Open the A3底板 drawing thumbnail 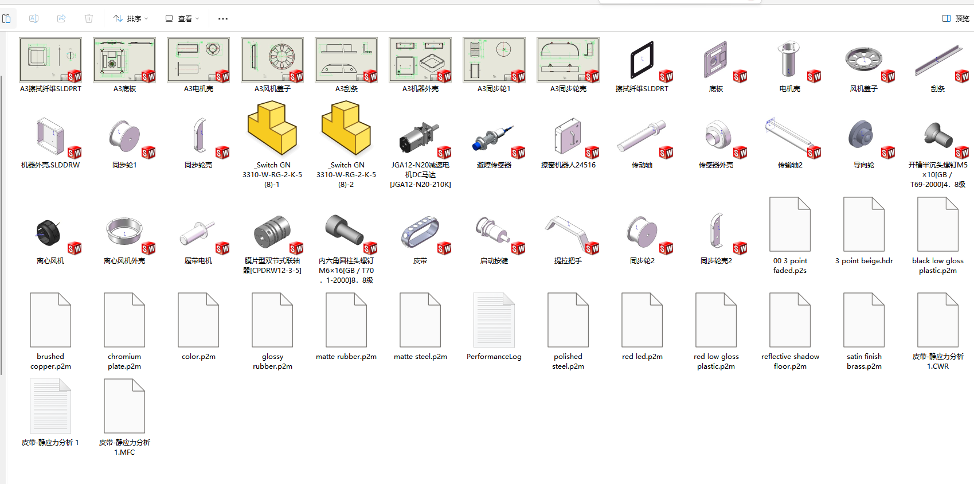tap(124, 60)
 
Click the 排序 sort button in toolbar tap(131, 18)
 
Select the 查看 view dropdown tap(182, 18)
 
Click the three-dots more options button tap(223, 18)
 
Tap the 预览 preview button tap(955, 18)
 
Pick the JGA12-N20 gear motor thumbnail tap(420, 138)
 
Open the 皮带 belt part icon tap(420, 233)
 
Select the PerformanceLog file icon tap(494, 319)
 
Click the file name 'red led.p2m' tap(642, 357)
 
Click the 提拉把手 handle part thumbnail tap(568, 232)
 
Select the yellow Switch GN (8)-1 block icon tap(272, 128)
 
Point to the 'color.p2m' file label tap(198, 357)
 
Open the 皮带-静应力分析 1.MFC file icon tap(124, 406)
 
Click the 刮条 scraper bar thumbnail tap(938, 60)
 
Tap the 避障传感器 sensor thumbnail tap(494, 138)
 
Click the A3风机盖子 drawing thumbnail tap(272, 60)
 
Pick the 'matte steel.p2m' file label tap(420, 357)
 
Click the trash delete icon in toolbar tap(89, 18)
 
